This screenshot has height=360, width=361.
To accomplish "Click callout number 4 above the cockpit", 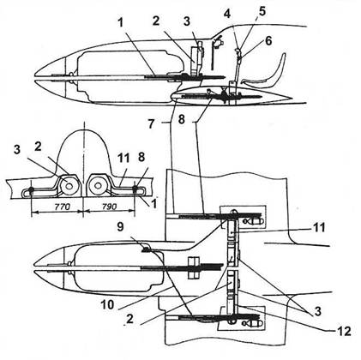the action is [227, 14].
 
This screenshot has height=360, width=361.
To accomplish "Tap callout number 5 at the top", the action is [262, 11].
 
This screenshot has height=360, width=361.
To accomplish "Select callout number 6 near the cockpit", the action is [268, 40].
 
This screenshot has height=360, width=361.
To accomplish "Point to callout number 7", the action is [152, 123].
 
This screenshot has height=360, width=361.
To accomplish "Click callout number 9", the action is [120, 227].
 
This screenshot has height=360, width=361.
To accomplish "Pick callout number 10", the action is [107, 304].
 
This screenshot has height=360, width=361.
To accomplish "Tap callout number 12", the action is [343, 331].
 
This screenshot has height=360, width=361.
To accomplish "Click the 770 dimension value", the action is [62, 207].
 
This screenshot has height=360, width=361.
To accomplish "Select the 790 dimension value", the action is [109, 207].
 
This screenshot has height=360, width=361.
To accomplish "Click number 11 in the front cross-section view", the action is [123, 158].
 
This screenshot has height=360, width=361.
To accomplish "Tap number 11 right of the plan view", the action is [318, 228].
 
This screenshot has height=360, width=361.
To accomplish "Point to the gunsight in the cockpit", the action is [217, 42].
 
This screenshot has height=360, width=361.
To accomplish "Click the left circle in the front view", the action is [68, 186].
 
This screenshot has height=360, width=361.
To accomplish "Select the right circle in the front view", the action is [98, 186].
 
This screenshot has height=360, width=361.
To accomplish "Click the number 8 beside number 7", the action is [182, 119].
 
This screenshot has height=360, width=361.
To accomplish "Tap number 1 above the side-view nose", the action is [121, 23].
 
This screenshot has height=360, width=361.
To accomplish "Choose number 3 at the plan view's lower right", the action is [317, 311].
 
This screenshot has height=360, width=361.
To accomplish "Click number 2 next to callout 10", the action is [130, 319].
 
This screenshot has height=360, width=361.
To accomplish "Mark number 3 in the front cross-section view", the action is [17, 150].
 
